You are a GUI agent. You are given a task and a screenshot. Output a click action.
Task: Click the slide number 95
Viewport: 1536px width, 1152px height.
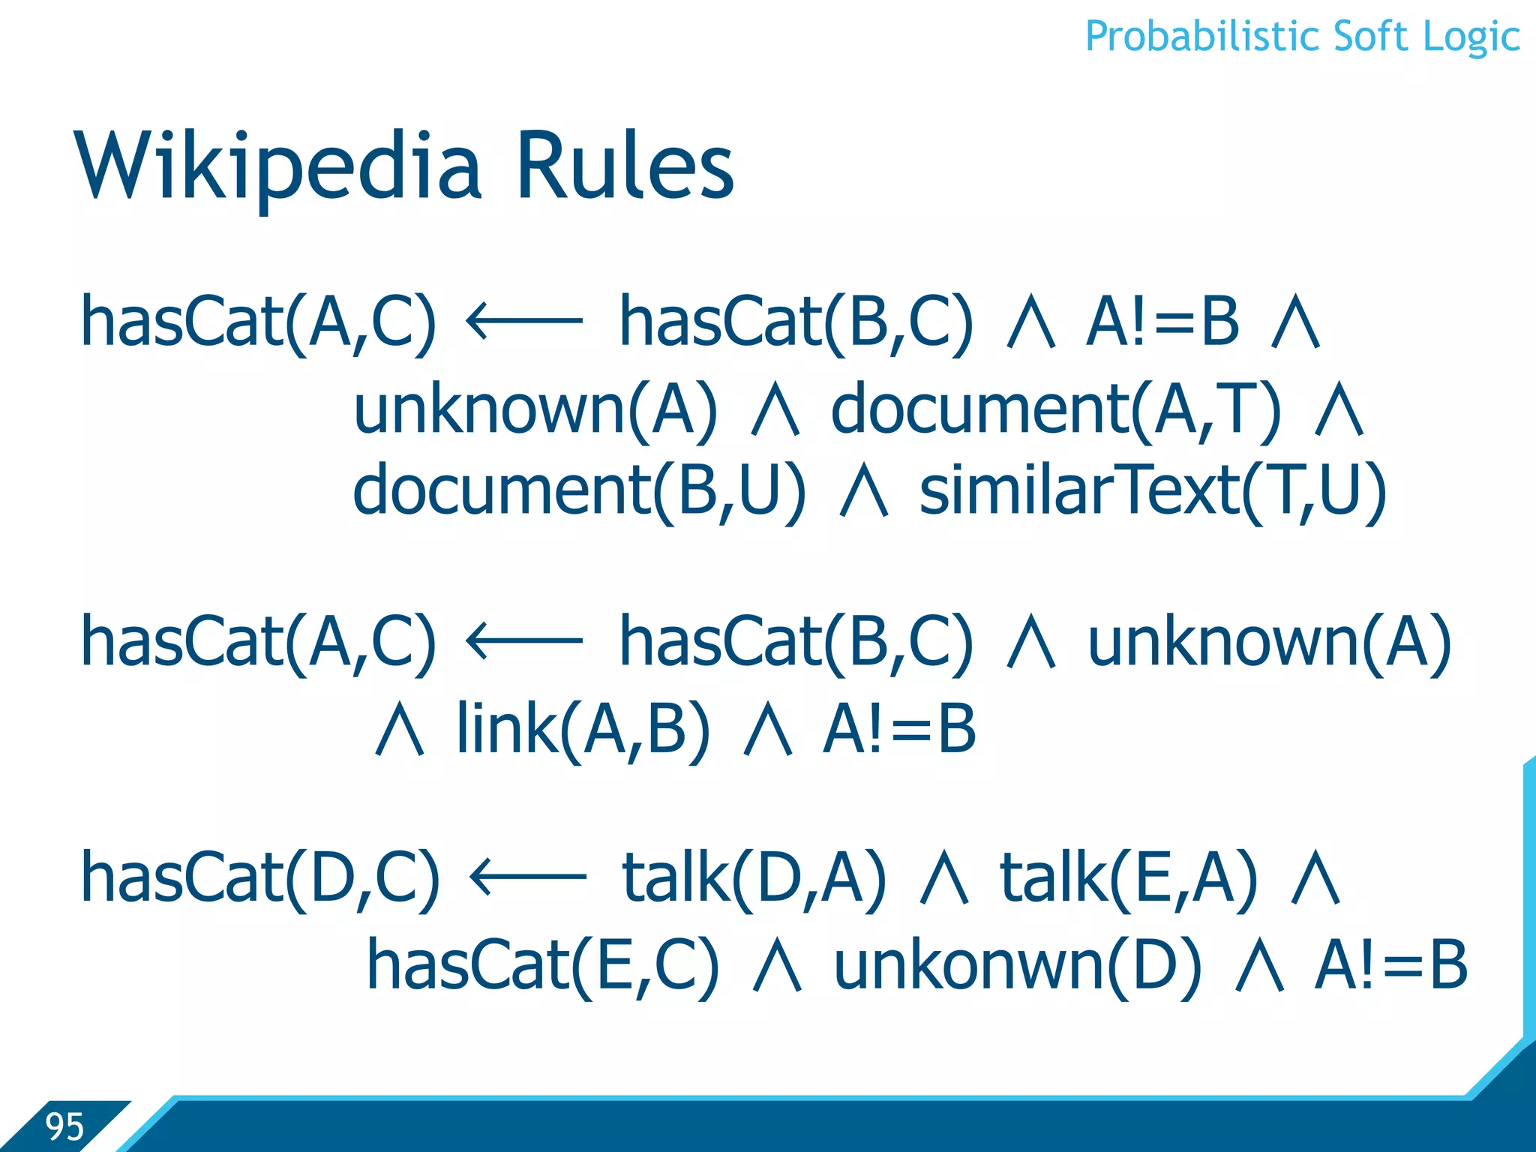64,1126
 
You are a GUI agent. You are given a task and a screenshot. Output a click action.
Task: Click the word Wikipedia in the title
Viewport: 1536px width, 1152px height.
277,166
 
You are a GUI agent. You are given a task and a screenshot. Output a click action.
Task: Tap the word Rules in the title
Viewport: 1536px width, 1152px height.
625,166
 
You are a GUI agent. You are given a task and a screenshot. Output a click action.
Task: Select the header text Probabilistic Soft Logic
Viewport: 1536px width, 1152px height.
1302,37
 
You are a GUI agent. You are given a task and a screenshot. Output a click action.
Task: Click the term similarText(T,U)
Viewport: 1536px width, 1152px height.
1153,492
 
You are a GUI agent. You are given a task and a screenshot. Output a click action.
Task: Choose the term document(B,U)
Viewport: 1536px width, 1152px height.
580,492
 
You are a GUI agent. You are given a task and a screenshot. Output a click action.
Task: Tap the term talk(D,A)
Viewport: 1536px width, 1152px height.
754,878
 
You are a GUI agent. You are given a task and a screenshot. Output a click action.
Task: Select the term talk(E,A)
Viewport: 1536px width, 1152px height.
1129,878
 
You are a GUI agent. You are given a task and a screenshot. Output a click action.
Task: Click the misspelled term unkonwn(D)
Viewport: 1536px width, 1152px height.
1017,966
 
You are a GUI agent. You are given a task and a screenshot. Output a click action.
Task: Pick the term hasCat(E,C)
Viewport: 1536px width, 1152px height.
542,966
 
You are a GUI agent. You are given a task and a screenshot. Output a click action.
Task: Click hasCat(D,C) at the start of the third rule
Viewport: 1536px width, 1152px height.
259,878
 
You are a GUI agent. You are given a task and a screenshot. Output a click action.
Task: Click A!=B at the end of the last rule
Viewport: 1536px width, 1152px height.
1390,966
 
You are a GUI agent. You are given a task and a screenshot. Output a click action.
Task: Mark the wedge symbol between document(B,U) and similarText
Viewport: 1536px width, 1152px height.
864,492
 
